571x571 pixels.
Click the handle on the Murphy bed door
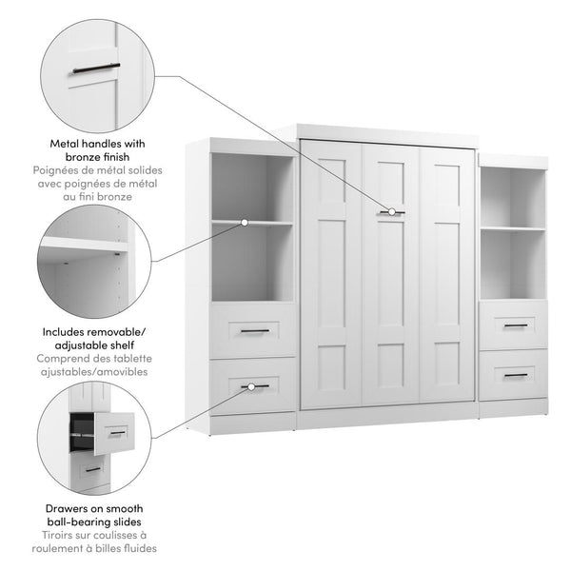click(x=390, y=211)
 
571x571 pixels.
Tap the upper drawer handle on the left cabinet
click(x=252, y=331)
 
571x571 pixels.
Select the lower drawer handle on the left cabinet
click(x=252, y=386)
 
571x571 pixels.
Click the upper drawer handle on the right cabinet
click(x=515, y=325)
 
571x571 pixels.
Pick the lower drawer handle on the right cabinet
click(x=515, y=375)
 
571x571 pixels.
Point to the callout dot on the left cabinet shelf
click(x=245, y=222)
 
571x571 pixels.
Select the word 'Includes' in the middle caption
click(x=66, y=331)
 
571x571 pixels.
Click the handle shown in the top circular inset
click(x=93, y=68)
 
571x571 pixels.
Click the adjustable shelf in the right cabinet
click(x=513, y=228)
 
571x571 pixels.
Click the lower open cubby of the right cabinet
click(x=513, y=264)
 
